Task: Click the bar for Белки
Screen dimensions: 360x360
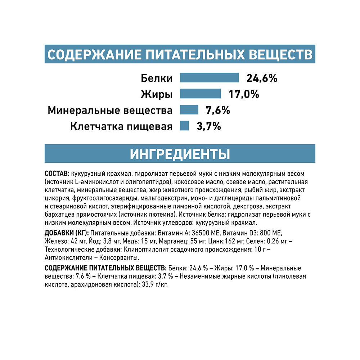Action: [x=209, y=78]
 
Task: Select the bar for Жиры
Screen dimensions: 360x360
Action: [x=200, y=94]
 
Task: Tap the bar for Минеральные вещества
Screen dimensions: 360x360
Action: [x=189, y=110]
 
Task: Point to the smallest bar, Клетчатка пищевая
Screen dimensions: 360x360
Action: [x=184, y=126]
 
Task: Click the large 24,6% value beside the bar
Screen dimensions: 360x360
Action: [x=262, y=78]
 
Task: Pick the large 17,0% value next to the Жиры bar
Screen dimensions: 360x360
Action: [x=244, y=94]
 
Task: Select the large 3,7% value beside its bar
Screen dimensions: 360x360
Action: [x=208, y=126]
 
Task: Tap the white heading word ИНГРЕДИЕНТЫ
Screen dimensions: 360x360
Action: [x=180, y=154]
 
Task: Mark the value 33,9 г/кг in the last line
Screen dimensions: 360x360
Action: [x=155, y=284]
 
